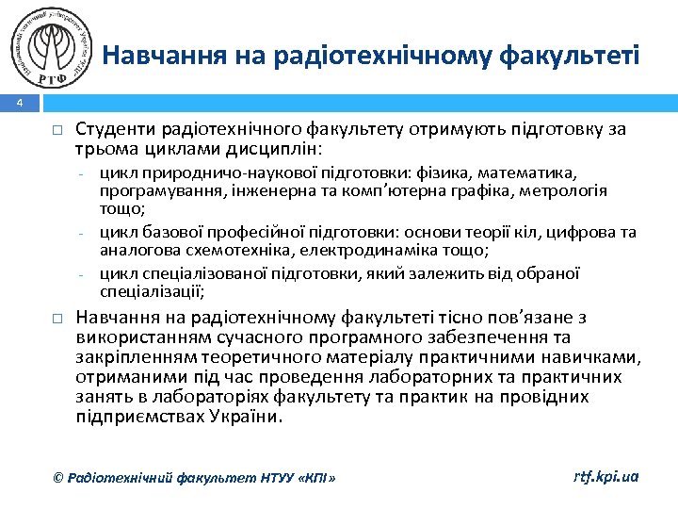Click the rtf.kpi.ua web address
606,477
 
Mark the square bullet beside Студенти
56,130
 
